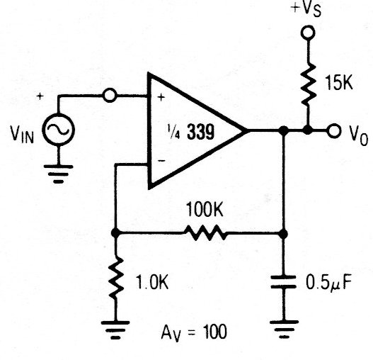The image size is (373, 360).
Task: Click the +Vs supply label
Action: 306,9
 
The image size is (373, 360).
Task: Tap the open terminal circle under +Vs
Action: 308,33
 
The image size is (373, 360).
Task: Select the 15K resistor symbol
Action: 309,84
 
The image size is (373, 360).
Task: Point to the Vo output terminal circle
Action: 334,130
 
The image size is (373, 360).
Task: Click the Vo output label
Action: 359,135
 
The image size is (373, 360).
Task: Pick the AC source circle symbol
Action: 58,130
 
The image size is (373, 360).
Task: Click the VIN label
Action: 22,135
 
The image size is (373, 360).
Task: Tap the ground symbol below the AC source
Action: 58,174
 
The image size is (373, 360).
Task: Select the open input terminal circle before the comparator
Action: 110,95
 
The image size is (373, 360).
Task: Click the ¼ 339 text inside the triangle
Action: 191,132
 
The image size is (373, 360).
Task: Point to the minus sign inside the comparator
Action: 161,161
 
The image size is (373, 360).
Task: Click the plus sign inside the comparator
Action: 161,97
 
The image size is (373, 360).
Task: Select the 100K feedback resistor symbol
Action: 205,232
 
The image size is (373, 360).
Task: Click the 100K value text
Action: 205,209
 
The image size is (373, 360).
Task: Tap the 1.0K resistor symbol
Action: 116,279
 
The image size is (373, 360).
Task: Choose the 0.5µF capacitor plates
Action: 283,282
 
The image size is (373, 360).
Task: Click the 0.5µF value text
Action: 328,283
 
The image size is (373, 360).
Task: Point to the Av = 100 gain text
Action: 194,332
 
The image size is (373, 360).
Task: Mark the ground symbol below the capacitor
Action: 284,329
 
